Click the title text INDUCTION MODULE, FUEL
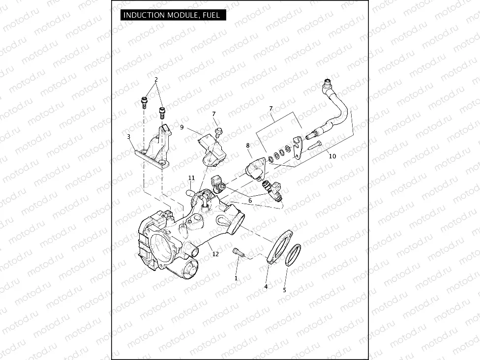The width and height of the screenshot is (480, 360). (171, 15)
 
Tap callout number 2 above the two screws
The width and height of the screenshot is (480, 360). (156, 79)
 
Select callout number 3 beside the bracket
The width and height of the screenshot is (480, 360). (128, 136)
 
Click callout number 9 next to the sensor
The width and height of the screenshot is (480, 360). (182, 127)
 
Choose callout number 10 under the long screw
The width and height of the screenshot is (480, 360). (332, 156)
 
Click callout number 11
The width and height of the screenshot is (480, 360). (192, 178)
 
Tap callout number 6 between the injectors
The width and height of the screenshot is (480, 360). (250, 200)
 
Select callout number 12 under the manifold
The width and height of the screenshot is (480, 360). (215, 254)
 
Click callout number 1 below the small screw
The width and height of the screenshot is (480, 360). (236, 278)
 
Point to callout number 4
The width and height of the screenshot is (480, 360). (266, 286)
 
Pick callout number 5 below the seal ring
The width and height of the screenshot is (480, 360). (284, 290)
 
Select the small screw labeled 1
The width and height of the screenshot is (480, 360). (239, 252)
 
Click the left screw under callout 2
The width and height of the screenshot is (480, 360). (144, 103)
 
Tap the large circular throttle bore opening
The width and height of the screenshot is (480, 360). (162, 246)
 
